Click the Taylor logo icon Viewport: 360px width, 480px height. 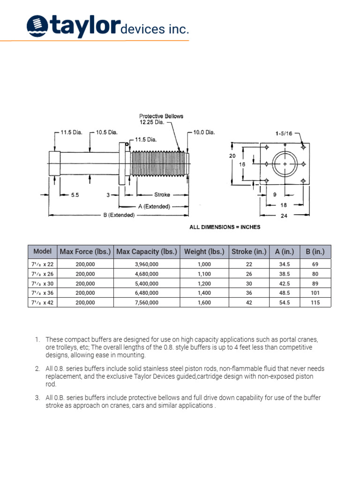(36, 26)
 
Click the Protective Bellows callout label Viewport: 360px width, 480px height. (161, 119)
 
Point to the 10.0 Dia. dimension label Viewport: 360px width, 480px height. (204, 132)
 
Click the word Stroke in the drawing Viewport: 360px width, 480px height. (162, 195)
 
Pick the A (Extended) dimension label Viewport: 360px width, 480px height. (154, 206)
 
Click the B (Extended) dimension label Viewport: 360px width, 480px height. (119, 215)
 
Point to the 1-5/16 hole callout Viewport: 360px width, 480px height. (285, 133)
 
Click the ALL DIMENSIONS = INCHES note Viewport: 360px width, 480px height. (225, 227)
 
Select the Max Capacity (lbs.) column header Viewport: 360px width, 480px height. (147, 252)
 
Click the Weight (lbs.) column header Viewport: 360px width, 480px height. (204, 252)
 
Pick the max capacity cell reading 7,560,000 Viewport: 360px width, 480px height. (147, 303)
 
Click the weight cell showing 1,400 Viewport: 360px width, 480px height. (204, 293)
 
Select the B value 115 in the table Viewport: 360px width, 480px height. (315, 303)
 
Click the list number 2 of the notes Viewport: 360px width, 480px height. (37, 369)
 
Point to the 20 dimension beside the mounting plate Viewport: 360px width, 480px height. (232, 156)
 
